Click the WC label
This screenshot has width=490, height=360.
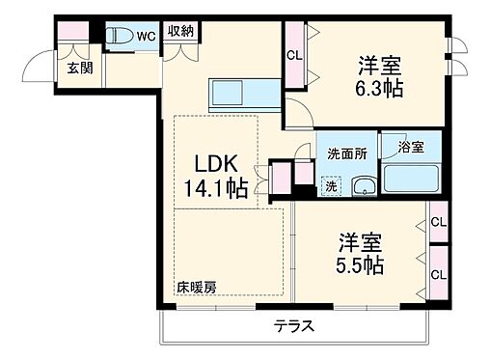145,36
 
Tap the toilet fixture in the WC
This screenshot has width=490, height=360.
120,37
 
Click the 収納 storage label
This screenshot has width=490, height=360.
179,32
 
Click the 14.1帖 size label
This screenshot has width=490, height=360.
217,187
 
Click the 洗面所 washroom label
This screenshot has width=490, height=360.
345,152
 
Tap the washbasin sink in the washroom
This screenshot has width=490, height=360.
364,186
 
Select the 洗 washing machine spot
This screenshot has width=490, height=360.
331,184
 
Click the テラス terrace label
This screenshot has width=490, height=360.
294,325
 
